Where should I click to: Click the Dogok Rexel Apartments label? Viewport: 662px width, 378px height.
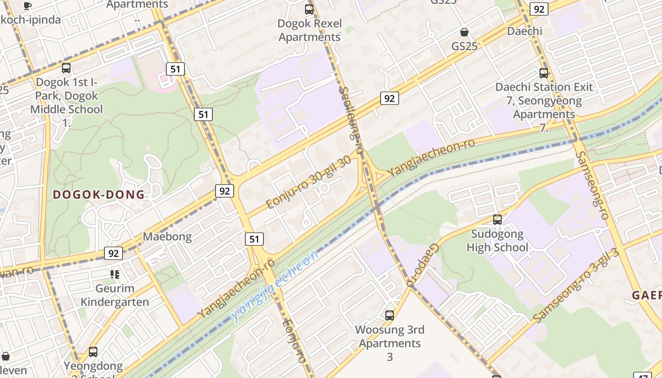(310, 30)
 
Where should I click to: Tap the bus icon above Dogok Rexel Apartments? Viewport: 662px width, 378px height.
(309, 9)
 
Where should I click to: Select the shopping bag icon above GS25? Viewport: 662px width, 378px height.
(464, 32)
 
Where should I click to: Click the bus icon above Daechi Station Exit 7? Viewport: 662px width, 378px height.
(544, 73)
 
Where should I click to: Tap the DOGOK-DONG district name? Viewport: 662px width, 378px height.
(98, 195)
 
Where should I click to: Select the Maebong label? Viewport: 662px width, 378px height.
(167, 237)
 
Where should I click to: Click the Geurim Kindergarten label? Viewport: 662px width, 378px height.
(115, 295)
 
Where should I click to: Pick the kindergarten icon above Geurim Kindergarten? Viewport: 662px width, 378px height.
(114, 274)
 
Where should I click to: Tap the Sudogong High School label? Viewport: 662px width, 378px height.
(497, 241)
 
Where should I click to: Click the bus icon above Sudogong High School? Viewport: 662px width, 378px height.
(497, 219)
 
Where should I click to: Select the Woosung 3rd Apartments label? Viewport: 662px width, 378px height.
(390, 336)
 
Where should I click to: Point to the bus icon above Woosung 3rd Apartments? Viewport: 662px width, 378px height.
(390, 315)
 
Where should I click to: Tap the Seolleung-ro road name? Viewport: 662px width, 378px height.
(351, 120)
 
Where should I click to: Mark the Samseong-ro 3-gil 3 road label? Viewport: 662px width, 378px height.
(576, 285)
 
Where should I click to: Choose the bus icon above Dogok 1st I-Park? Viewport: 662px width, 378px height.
(66, 68)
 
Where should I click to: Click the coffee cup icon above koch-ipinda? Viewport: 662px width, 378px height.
(27, 6)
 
